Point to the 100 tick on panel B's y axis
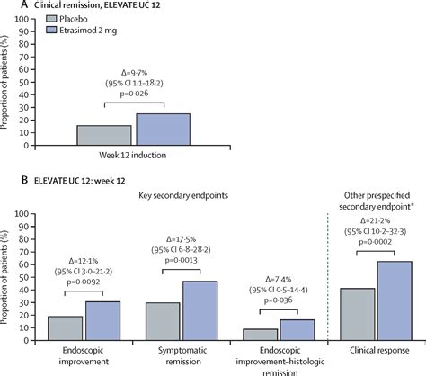click(32, 214)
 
